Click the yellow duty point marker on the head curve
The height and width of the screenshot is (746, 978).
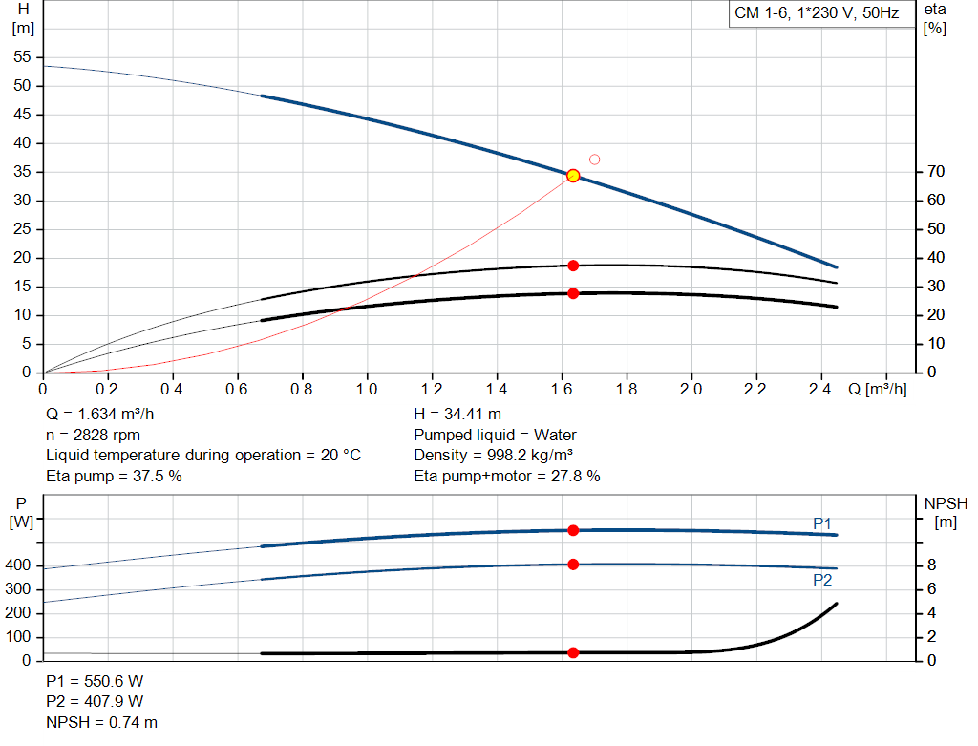click(573, 176)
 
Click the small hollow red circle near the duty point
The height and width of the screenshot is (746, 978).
click(594, 160)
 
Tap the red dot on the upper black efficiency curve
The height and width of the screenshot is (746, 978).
click(573, 266)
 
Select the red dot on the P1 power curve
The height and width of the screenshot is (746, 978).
click(573, 530)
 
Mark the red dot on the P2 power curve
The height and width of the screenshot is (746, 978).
click(573, 565)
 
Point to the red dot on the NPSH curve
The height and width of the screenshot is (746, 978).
click(573, 653)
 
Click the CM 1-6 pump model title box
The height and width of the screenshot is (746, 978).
click(817, 14)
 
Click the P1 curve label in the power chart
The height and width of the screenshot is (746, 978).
click(822, 523)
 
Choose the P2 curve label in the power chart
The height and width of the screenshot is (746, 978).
click(822, 580)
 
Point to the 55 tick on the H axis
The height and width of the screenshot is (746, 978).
click(23, 57)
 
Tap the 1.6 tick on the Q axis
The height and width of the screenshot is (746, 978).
click(561, 390)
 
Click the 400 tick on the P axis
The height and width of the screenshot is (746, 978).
click(20, 565)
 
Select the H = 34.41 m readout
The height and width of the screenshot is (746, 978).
click(457, 415)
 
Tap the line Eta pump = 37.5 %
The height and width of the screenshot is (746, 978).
click(114, 476)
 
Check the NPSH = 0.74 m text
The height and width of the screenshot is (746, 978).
click(102, 722)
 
